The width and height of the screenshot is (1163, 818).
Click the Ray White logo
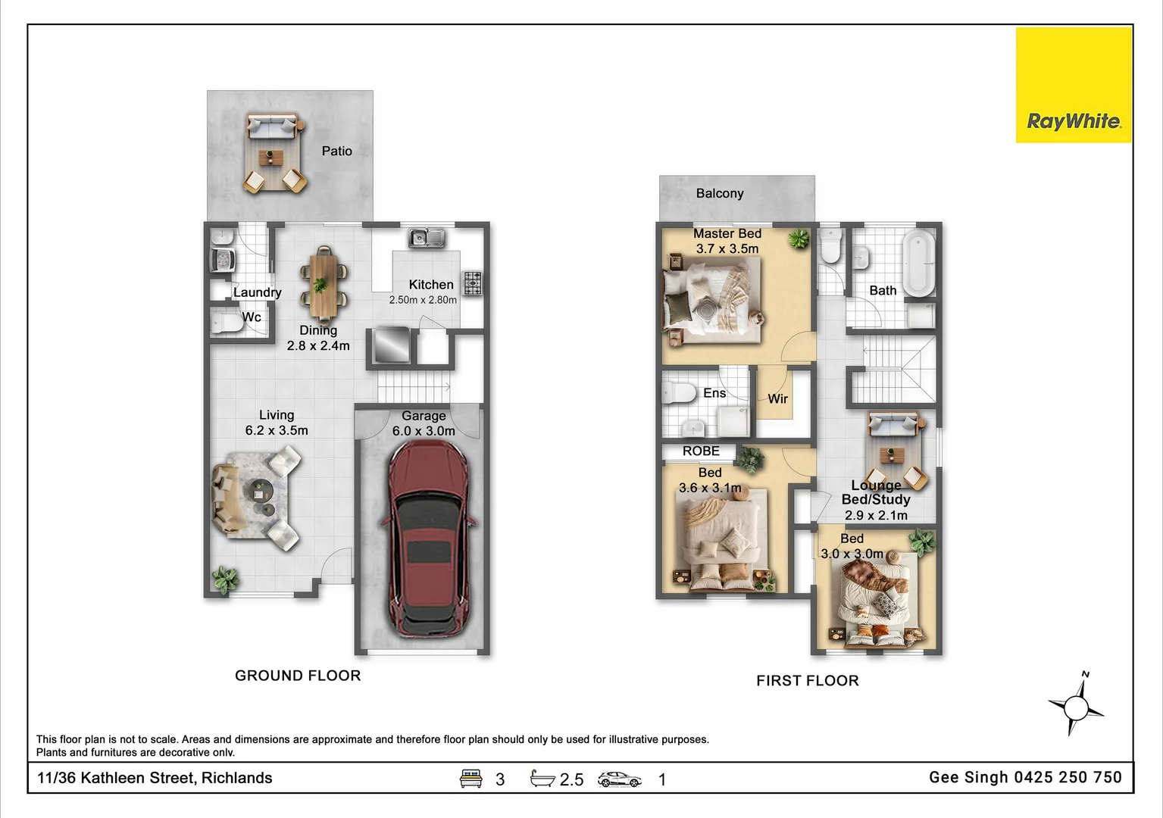[1074, 85]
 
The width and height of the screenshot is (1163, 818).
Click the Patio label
[336, 151]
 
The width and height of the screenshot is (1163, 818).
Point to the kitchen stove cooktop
[473, 283]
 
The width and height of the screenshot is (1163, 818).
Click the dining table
[323, 285]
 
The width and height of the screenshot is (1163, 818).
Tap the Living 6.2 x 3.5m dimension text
[277, 423]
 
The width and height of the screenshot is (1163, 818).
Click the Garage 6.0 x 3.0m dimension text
[424, 423]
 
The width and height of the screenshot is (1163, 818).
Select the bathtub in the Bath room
[919, 264]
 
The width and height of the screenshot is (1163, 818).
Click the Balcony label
[720, 193]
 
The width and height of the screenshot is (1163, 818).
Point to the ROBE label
[701, 451]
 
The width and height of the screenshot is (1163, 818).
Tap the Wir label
[778, 398]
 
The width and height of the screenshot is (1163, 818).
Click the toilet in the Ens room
[679, 393]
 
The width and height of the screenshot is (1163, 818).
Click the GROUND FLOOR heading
[298, 676]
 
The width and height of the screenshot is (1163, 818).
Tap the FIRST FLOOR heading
[808, 680]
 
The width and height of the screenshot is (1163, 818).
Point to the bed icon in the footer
[471, 779]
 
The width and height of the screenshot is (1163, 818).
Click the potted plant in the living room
[225, 579]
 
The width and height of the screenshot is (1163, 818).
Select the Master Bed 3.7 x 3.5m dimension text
[727, 241]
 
